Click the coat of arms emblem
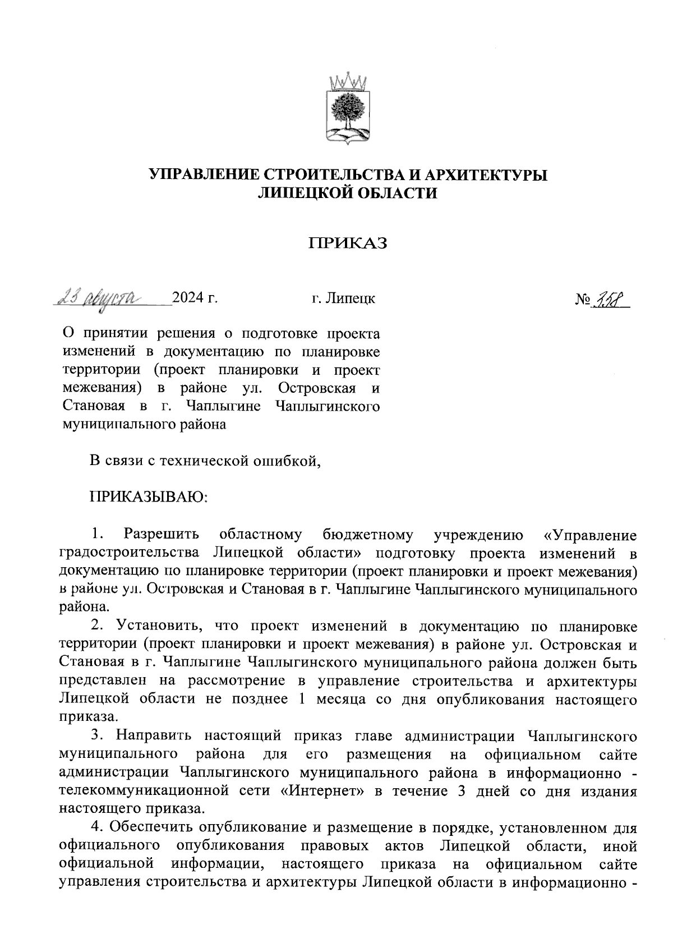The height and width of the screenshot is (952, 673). coord(348,109)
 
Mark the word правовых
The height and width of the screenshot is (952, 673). coord(335,846)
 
